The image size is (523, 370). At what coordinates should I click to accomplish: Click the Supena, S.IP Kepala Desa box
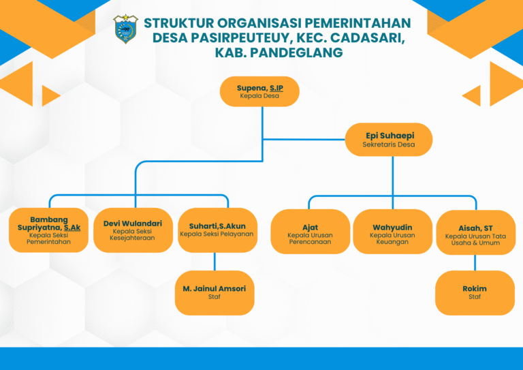click(259, 91)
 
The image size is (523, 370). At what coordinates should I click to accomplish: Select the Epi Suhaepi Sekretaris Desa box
click(389, 140)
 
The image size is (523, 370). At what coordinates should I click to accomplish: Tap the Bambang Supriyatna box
click(49, 230)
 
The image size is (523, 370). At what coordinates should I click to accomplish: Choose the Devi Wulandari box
click(133, 230)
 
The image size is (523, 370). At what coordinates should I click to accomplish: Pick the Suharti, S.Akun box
click(217, 230)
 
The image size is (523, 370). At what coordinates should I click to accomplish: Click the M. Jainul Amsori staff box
click(215, 292)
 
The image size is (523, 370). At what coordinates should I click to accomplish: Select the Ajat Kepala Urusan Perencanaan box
click(311, 232)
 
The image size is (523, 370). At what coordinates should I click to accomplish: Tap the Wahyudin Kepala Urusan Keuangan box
click(392, 232)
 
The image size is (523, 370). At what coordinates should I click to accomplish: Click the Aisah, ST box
click(475, 232)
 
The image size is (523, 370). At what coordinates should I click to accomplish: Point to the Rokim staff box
click(475, 292)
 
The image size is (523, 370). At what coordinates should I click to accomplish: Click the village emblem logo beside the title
click(125, 29)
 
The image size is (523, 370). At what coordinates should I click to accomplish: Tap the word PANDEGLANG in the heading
click(296, 52)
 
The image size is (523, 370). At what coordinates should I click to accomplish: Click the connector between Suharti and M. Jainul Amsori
click(215, 262)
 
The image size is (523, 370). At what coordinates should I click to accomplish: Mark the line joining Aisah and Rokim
click(475, 262)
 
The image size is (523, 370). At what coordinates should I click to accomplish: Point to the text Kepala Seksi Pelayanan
click(217, 234)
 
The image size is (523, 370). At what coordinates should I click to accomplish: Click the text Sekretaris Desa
click(389, 144)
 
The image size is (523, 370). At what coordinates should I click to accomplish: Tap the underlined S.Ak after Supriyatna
click(72, 228)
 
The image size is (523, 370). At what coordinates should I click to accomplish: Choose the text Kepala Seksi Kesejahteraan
click(132, 234)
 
